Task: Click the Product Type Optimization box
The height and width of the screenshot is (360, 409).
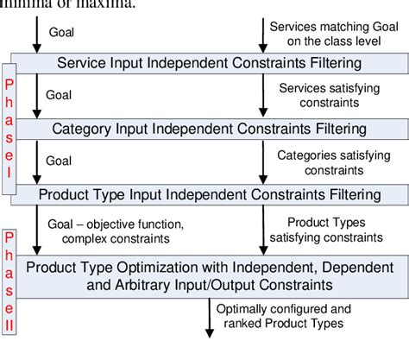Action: tap(211, 272)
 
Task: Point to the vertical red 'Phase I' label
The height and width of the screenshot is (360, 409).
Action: tap(9, 125)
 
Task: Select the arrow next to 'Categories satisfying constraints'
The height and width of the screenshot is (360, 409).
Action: tap(262, 161)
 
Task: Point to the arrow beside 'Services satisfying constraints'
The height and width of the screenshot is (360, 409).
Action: tap(262, 96)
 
